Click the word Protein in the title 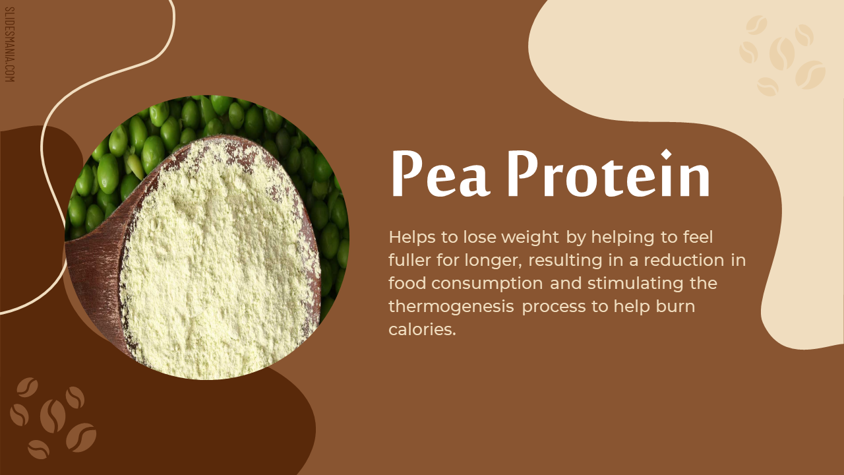(609, 173)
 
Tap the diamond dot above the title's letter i (666, 154)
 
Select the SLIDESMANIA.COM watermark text (10, 44)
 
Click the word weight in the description (529, 237)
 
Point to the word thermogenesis (451, 307)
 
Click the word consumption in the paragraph (487, 284)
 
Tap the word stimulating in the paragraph (635, 284)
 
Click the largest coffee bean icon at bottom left (53, 416)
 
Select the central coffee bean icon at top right (781, 53)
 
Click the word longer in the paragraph (493, 261)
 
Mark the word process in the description (554, 307)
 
